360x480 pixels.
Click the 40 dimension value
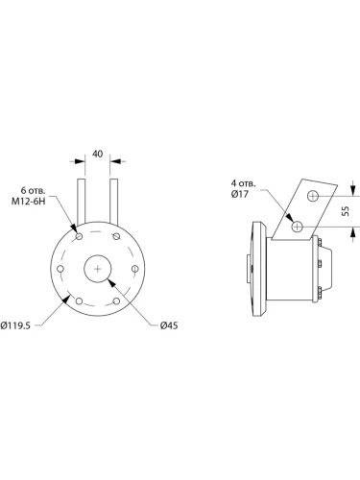tap(98, 154)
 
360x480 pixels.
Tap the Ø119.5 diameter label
tap(15, 325)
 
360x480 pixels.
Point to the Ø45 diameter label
tap(169, 325)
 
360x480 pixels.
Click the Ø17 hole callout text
tap(240, 194)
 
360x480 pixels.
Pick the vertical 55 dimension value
tap(346, 211)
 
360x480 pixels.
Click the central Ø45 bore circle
tap(98, 269)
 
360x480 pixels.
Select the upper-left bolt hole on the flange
tap(79, 236)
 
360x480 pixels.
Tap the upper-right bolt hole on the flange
tap(116, 236)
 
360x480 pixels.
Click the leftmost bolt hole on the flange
tap(60, 269)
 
